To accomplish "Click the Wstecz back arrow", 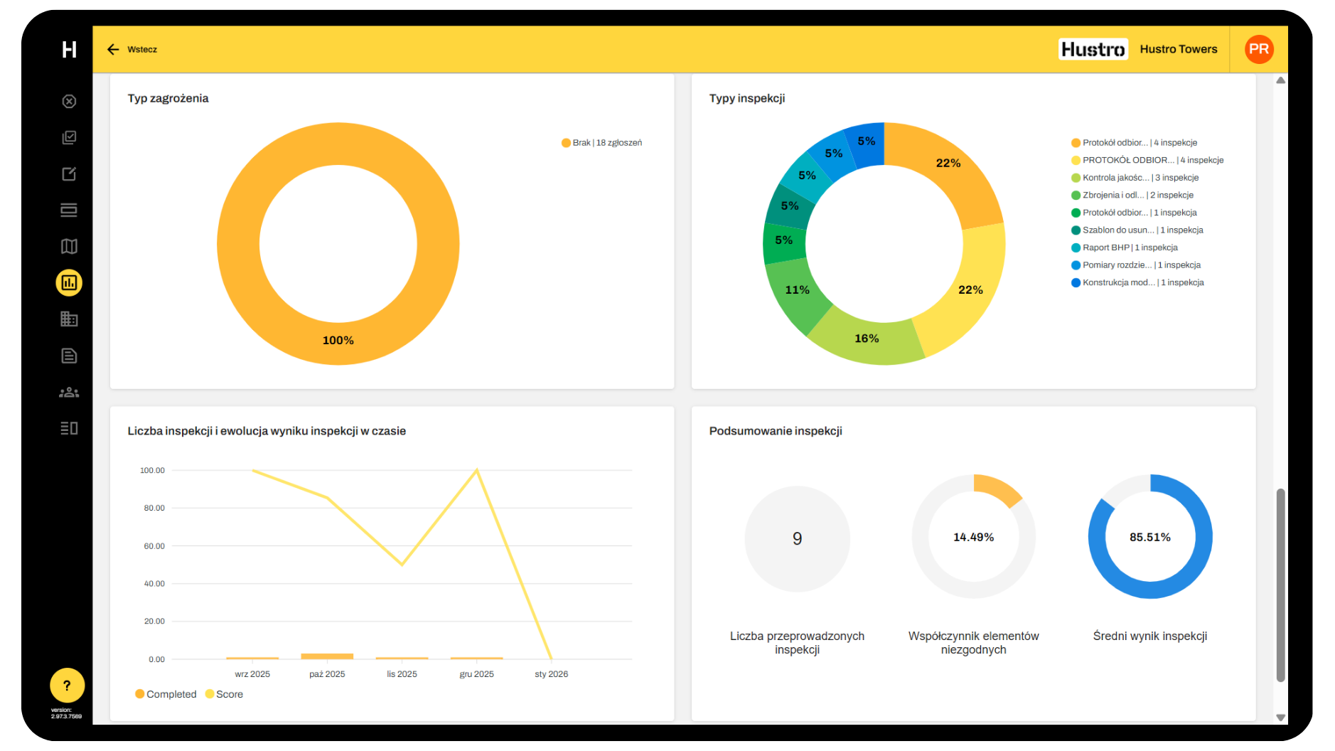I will tap(113, 49).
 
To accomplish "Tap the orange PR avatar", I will tap(1258, 49).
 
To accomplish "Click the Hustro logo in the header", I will tap(1093, 49).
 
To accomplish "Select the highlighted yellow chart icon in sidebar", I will tap(69, 283).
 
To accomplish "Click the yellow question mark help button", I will tap(67, 686).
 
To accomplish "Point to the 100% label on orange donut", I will tap(338, 341).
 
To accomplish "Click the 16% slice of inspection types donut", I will tap(867, 339).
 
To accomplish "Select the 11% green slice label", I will tap(797, 290).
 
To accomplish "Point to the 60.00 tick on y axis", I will tap(154, 546).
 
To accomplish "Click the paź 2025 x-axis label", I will tap(327, 674).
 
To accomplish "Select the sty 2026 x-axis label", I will tap(551, 674).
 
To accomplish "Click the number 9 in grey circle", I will tap(797, 538).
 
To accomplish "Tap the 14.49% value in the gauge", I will tap(973, 538).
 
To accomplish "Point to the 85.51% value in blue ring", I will tap(1149, 538).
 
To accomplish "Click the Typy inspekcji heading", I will tap(746, 98).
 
